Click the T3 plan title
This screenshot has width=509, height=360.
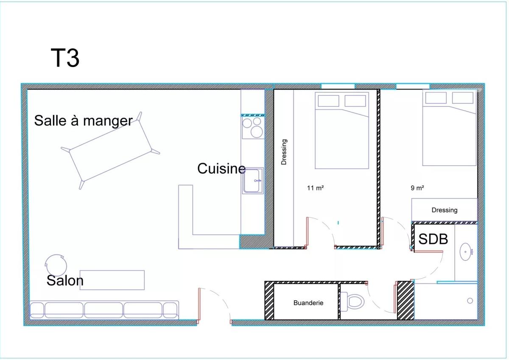click(65, 58)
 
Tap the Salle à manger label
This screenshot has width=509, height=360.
click(83, 120)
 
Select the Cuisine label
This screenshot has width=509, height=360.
click(221, 168)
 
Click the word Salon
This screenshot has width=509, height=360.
click(65, 280)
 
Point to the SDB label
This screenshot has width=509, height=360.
click(433, 239)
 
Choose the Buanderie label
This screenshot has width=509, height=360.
click(308, 303)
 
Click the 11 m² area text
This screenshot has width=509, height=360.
click(316, 188)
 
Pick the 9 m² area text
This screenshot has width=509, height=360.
click(417, 188)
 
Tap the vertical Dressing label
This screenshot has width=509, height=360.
click(284, 152)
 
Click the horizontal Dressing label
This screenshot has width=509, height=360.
click(445, 210)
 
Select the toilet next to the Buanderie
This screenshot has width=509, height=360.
click(352, 301)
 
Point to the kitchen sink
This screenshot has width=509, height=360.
click(253, 181)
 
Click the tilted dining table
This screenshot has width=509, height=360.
click(110, 151)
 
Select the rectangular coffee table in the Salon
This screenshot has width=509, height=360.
click(112, 280)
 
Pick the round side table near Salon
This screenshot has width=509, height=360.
click(56, 265)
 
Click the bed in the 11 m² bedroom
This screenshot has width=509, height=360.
click(342, 130)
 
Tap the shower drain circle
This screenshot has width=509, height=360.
click(470, 301)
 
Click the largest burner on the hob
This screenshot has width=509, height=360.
click(257, 132)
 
